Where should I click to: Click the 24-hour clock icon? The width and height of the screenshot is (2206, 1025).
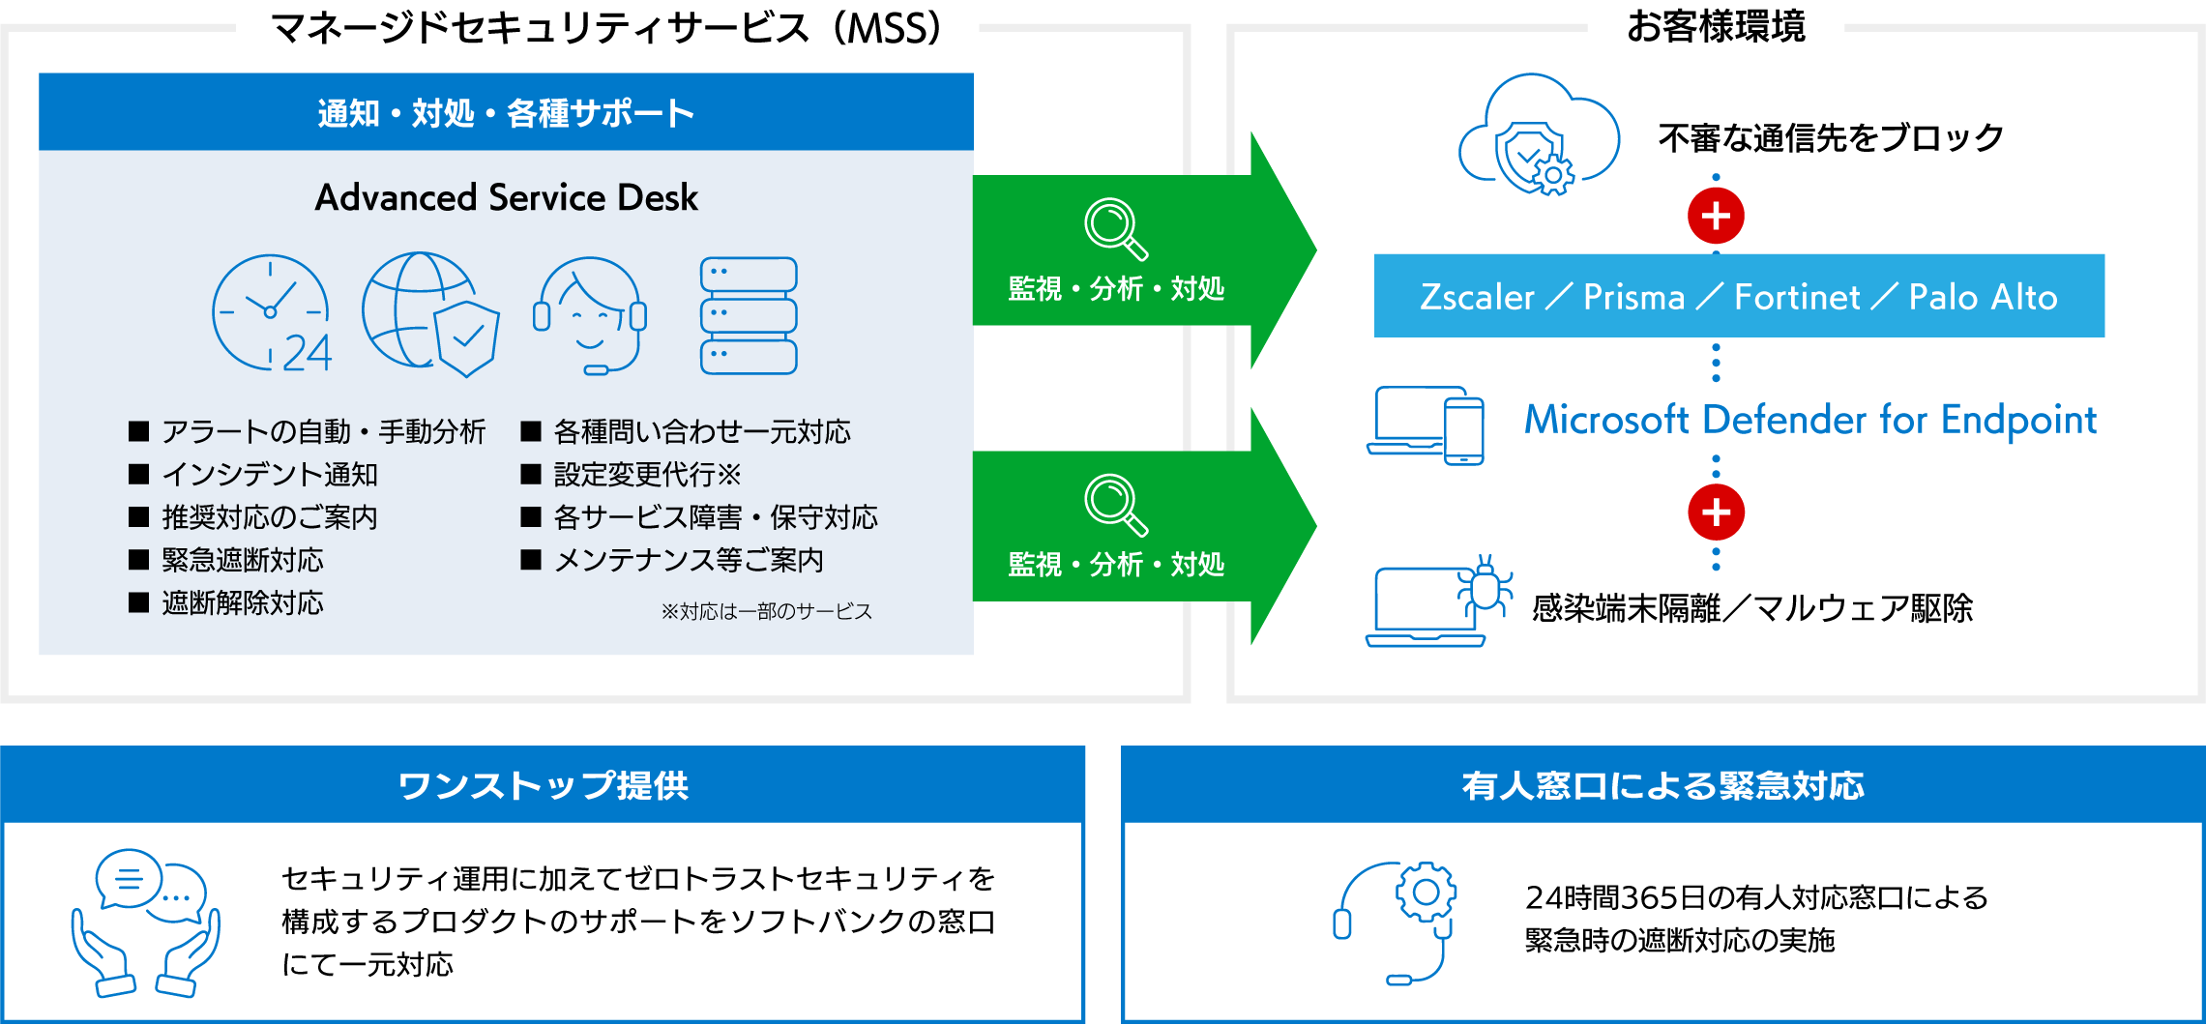coord(272,313)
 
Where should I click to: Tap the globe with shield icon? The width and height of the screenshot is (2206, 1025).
coord(430,313)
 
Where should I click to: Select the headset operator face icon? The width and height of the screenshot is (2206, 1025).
coord(589,315)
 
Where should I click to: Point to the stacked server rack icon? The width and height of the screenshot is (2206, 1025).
coord(749,315)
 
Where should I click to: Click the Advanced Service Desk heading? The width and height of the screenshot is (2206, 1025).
coord(506,197)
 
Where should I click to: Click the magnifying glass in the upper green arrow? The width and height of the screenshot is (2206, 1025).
coord(1115,228)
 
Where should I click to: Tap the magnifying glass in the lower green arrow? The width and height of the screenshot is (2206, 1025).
coord(1115,504)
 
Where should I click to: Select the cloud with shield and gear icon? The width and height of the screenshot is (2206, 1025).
coord(1539,134)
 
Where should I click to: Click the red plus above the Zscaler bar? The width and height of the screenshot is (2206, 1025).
coord(1716,216)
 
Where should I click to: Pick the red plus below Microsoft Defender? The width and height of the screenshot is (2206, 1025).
coord(1716,512)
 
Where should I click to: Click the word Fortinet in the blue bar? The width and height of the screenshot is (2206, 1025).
coord(1797,297)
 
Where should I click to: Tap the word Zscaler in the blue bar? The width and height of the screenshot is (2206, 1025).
coord(1477,297)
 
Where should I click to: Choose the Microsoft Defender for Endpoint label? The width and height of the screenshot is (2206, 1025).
coord(1810,420)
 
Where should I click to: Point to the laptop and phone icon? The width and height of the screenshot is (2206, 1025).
coord(1426,425)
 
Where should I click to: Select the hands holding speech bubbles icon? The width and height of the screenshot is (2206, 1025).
coord(146,922)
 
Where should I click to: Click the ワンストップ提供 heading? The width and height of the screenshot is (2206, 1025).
coord(544,785)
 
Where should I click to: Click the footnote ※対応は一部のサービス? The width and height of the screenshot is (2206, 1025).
coord(767,611)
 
